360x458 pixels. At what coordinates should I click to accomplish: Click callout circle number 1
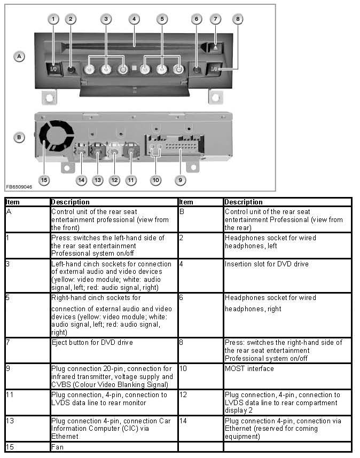click(x=52, y=19)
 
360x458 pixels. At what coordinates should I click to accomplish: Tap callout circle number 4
click(x=134, y=19)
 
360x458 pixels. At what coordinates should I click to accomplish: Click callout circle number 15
click(x=44, y=180)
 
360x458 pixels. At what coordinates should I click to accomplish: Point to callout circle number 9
click(x=181, y=180)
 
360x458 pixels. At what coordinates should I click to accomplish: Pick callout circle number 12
click(x=114, y=180)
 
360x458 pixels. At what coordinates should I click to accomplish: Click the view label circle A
click(x=19, y=56)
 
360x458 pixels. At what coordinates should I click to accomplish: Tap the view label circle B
click(x=19, y=137)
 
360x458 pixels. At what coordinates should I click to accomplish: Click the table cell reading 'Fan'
click(x=57, y=447)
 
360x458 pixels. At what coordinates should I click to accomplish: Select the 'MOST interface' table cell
click(x=249, y=368)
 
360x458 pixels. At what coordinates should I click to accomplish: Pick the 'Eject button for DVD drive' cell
click(x=92, y=342)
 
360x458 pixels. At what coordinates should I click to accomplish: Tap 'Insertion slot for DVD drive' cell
click(x=267, y=264)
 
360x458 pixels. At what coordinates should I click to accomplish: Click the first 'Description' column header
click(x=71, y=202)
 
